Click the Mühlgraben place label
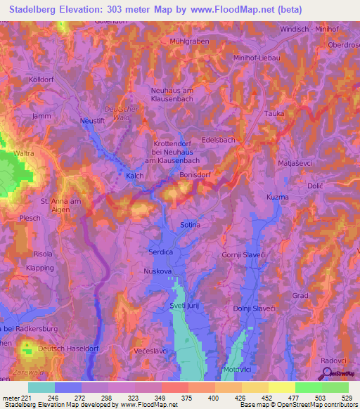[x=190, y=41]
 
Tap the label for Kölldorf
[x=41, y=80]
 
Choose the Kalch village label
[x=135, y=176]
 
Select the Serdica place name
[x=160, y=251]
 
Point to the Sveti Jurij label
[x=186, y=307]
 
